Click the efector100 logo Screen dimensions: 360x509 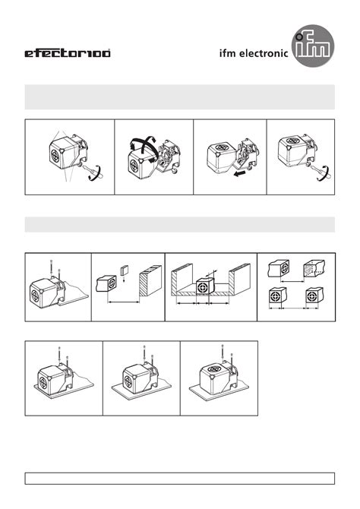tap(68, 53)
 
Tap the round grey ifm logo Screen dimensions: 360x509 tap(313, 46)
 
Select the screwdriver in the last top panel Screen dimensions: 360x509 tap(322, 171)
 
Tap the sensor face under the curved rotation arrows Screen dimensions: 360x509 tap(134, 166)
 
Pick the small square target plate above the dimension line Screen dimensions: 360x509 tap(125, 270)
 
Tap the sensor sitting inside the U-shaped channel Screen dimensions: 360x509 tap(205, 286)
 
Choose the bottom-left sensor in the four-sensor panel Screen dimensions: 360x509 tap(277, 296)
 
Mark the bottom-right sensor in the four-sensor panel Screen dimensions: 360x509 tap(314, 296)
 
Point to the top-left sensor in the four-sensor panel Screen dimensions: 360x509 tap(279, 268)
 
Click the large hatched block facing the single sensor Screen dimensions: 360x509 tap(150, 280)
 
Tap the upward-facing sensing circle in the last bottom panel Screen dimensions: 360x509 tap(214, 369)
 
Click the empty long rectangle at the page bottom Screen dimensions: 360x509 tap(180, 479)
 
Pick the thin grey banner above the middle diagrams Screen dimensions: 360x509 tap(180, 224)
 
